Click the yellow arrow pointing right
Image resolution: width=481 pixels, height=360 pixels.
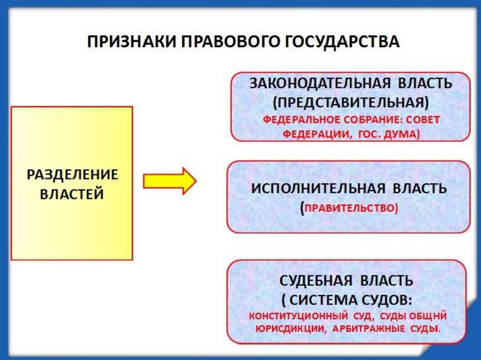point(169,181)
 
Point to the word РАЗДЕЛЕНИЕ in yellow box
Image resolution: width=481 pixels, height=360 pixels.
point(72,175)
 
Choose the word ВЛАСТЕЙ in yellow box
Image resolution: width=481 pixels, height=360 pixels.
point(72,193)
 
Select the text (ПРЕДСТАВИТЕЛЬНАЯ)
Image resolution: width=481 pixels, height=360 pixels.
point(350,102)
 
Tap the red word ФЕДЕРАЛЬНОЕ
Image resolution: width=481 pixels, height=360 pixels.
point(297,120)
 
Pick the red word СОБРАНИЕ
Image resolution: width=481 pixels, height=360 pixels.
point(370,120)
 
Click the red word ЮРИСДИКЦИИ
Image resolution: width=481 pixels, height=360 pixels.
point(290,329)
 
